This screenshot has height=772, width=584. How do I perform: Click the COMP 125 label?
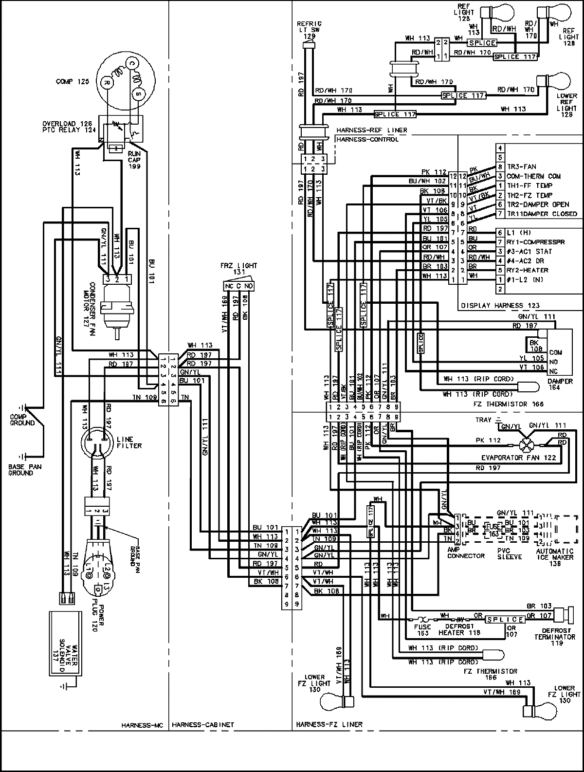click(x=73, y=83)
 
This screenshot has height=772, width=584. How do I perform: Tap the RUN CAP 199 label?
click(x=134, y=159)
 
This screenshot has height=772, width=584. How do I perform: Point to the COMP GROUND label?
click(x=22, y=420)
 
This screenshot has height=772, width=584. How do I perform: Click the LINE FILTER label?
click(x=129, y=442)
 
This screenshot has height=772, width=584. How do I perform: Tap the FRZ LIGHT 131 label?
click(x=238, y=269)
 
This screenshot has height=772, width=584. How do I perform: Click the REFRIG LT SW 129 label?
click(x=309, y=30)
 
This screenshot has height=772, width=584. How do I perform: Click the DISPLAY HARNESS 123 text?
click(x=499, y=306)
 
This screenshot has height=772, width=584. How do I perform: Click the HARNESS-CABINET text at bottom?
click(x=203, y=725)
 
